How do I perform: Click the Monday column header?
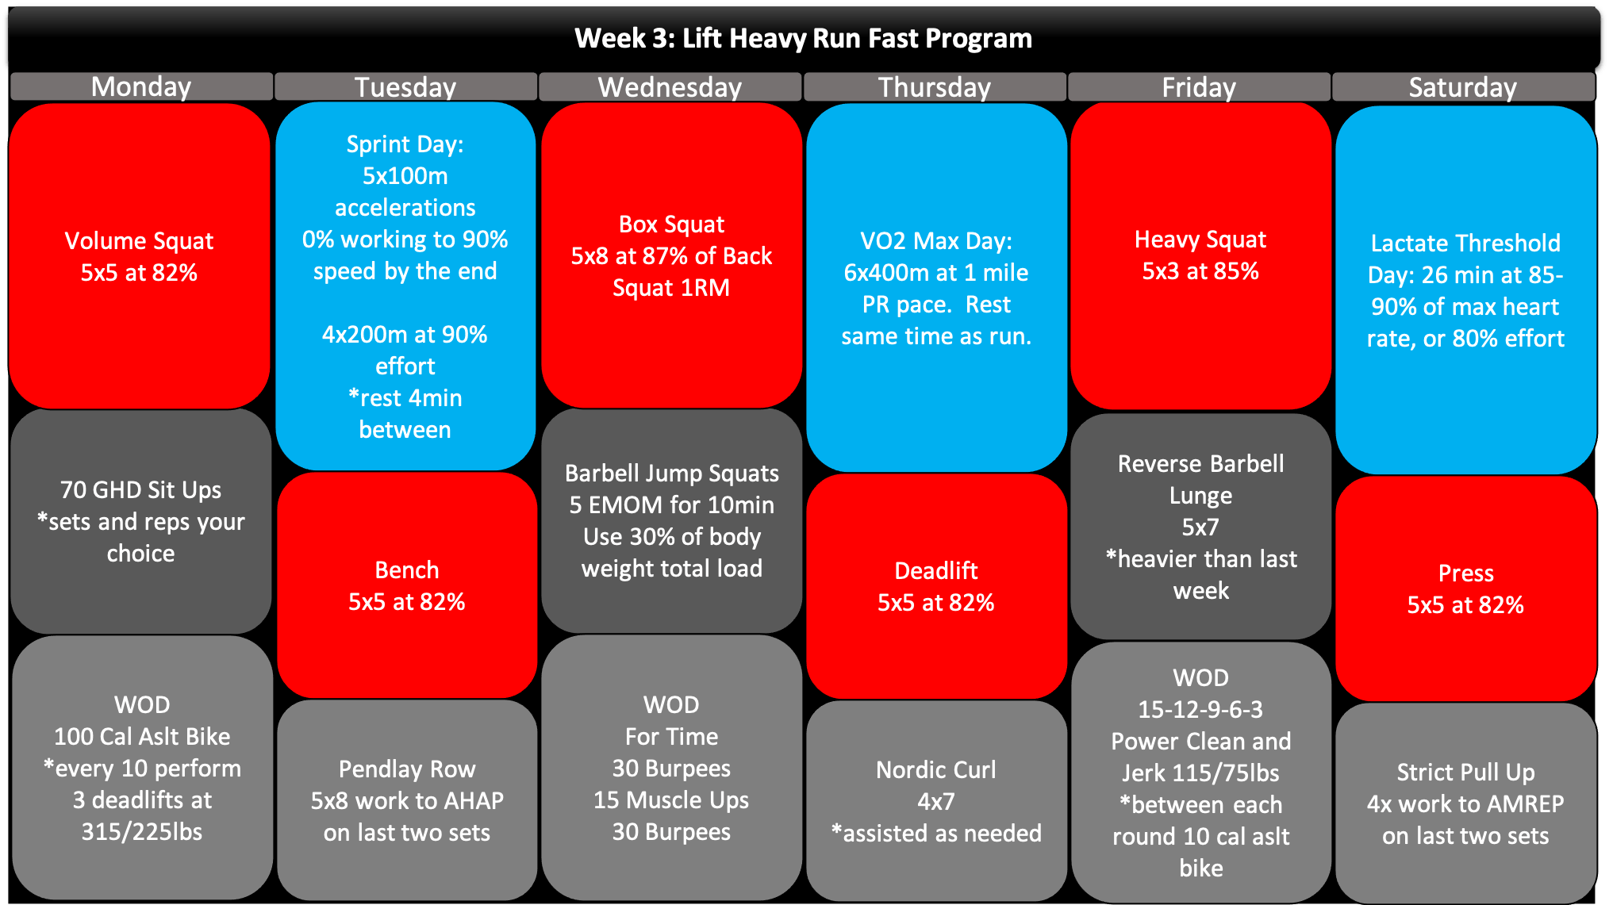pos(141,86)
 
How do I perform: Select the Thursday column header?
pos(935,86)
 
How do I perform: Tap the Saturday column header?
pos(1463,86)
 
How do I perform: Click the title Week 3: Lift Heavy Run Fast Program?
pos(804,38)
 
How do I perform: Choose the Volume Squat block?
pos(140,256)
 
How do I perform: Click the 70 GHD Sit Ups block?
pos(141,521)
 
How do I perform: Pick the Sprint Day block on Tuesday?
pos(405,286)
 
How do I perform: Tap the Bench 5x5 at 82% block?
pos(407,585)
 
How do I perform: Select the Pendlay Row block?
pos(407,800)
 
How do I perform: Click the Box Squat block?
pos(672,255)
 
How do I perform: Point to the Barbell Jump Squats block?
pos(672,520)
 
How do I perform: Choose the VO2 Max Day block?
pos(936,287)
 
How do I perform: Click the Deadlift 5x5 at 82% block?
pos(936,586)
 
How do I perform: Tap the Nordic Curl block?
pos(936,800)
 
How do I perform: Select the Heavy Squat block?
pos(1201,255)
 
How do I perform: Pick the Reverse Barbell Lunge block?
pos(1201,526)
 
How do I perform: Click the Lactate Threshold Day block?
pos(1466,290)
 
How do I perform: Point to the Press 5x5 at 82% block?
pos(1466,589)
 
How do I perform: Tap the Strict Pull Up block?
pos(1466,803)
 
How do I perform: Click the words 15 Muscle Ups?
pos(671,800)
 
